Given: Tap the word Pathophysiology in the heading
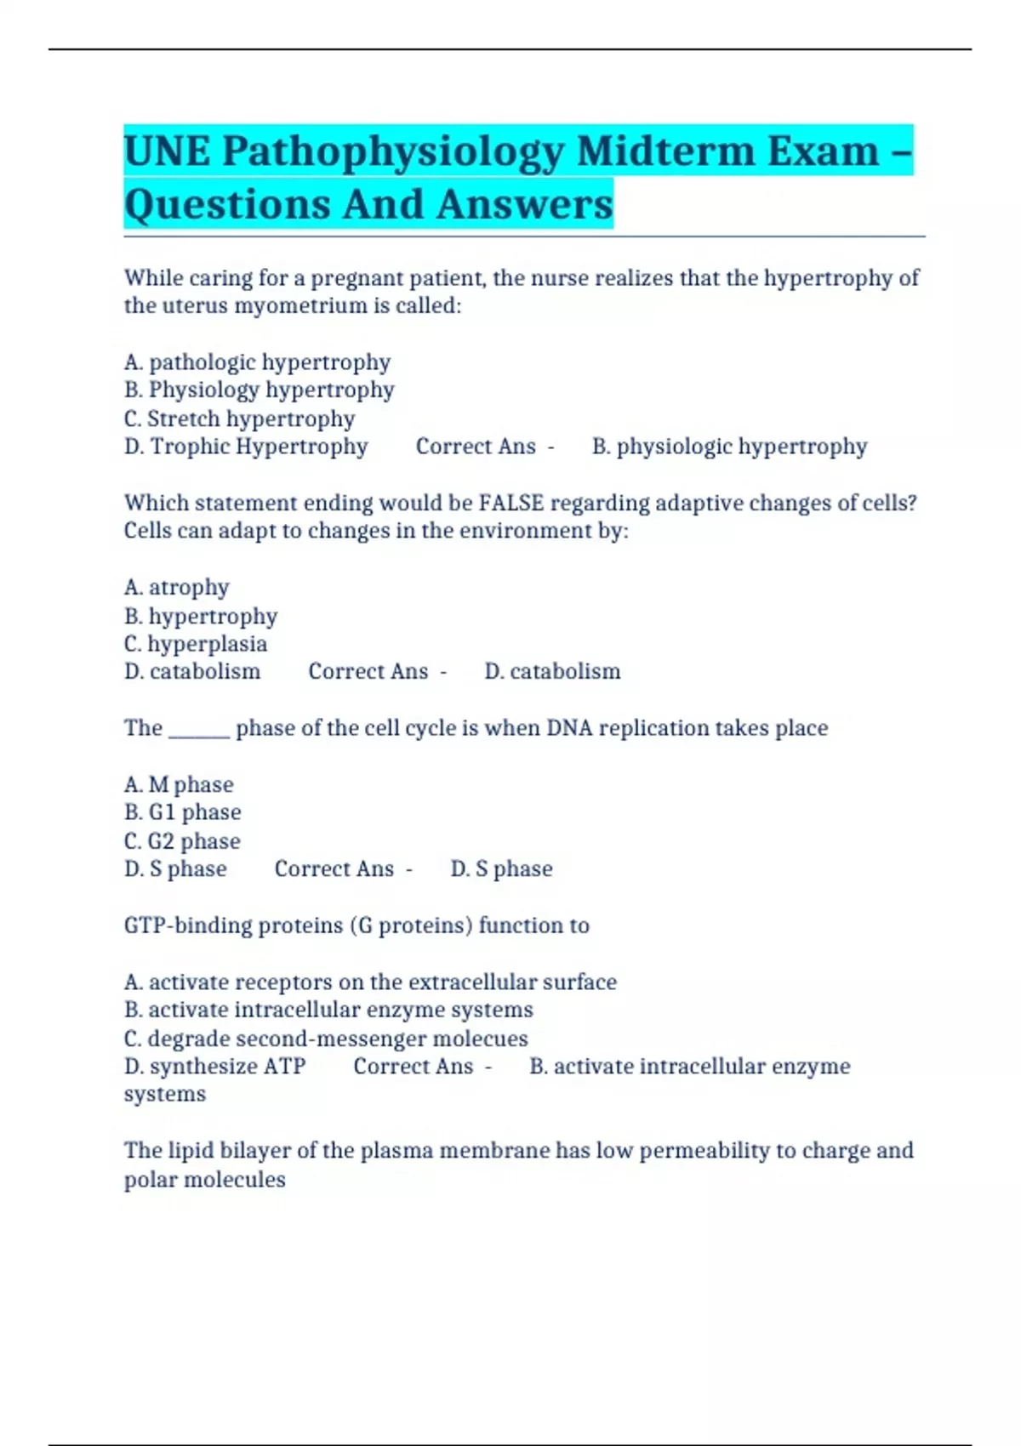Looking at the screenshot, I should (x=392, y=152).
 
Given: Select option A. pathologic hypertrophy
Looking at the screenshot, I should (x=257, y=362).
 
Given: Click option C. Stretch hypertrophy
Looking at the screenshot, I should (x=239, y=418).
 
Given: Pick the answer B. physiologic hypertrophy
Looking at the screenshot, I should (x=729, y=447).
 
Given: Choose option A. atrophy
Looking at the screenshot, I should (x=177, y=587).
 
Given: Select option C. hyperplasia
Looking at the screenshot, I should (x=196, y=644).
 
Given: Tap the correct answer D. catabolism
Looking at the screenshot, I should (x=552, y=671).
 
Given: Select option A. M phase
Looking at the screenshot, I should (x=179, y=784).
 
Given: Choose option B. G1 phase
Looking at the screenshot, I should (x=183, y=812).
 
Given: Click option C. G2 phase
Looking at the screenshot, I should (x=182, y=841).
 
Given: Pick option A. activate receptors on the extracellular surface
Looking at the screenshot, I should (x=370, y=982).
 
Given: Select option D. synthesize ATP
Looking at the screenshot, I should (x=214, y=1066).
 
